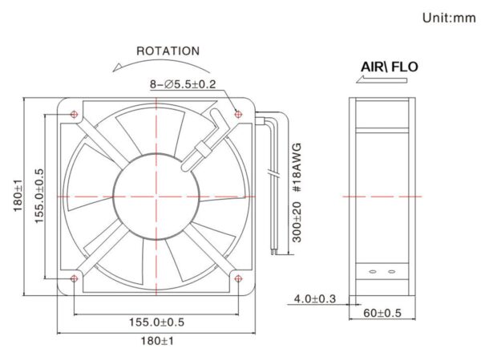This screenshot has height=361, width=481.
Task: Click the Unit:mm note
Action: (449, 18)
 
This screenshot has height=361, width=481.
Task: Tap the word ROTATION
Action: (168, 51)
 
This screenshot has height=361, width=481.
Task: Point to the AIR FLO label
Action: (390, 67)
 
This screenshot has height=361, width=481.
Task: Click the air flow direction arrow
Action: (382, 79)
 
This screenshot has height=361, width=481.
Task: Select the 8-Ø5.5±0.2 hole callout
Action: (183, 83)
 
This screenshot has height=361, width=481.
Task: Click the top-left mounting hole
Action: (74, 115)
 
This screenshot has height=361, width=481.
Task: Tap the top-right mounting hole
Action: (238, 115)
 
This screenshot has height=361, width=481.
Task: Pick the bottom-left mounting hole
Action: (74, 278)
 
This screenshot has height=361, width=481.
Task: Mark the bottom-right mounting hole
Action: (238, 278)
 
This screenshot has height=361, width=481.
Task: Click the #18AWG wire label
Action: (297, 168)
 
